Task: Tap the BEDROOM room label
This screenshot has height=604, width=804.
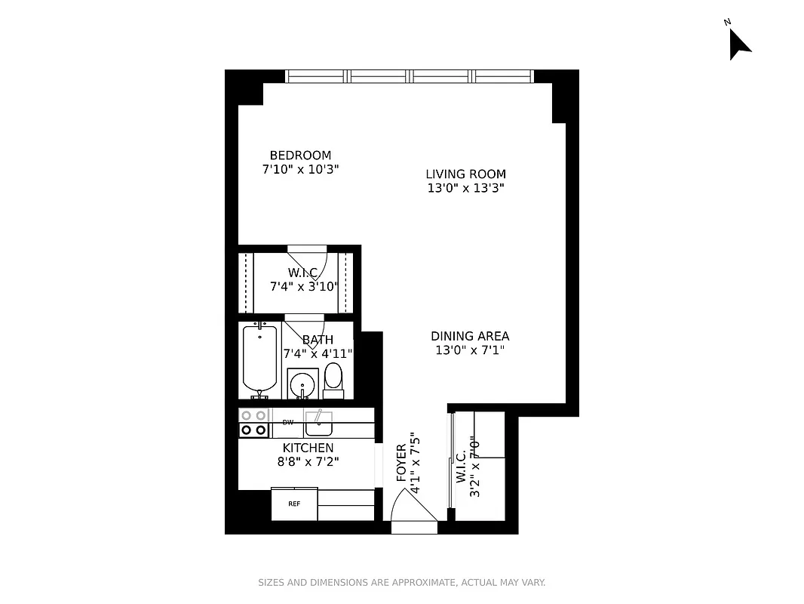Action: (x=300, y=156)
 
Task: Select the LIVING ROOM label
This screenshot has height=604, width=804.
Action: (x=465, y=174)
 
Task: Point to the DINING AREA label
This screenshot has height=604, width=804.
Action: (x=469, y=336)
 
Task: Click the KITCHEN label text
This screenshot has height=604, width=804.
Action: (x=308, y=448)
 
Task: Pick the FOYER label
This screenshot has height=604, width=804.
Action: (x=401, y=463)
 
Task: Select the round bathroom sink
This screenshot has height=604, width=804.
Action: (x=302, y=382)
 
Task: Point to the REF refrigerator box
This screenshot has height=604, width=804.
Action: (x=294, y=504)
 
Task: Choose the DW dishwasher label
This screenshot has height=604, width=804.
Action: (x=287, y=423)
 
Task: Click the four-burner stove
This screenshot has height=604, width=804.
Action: (x=254, y=423)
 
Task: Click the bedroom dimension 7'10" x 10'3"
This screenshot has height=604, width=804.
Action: (x=300, y=170)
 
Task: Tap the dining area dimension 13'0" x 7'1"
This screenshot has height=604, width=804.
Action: (x=469, y=350)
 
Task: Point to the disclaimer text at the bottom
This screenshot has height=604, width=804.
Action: (x=401, y=582)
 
